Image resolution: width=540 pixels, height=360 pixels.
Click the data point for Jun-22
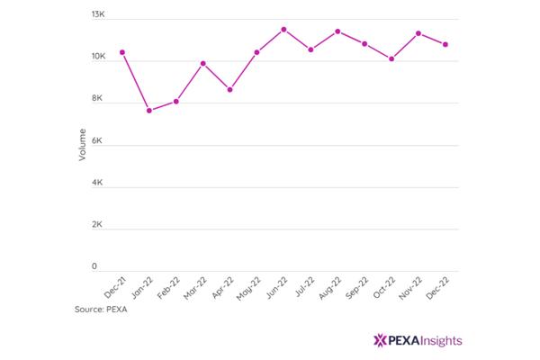[283, 30]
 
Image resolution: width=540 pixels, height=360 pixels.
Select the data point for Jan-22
[149, 111]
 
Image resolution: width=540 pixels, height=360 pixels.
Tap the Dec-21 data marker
[122, 52]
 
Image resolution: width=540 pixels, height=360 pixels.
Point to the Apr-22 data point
[230, 90]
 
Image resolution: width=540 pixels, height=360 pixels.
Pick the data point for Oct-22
[391, 58]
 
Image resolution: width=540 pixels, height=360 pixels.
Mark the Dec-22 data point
[445, 44]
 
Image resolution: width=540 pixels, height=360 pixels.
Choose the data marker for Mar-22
[203, 63]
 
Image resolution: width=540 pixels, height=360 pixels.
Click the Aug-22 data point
[337, 31]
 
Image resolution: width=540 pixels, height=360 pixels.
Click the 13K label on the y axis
[98, 14]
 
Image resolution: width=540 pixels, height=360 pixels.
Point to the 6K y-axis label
[97, 140]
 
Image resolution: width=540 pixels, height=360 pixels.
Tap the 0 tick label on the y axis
[94, 266]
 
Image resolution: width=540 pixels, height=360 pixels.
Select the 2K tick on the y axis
[97, 224]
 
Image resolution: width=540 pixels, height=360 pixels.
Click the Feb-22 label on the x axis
[169, 288]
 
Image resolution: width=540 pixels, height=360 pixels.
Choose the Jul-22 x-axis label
[305, 286]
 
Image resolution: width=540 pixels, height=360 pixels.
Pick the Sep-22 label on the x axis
[356, 288]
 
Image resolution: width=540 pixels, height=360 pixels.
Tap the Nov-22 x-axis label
[410, 288]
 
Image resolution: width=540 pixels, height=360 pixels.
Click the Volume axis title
[82, 145]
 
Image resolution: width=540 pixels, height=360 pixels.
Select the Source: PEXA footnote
[101, 310]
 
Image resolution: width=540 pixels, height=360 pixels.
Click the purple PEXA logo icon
[380, 340]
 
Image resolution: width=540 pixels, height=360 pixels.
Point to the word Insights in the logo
[442, 341]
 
